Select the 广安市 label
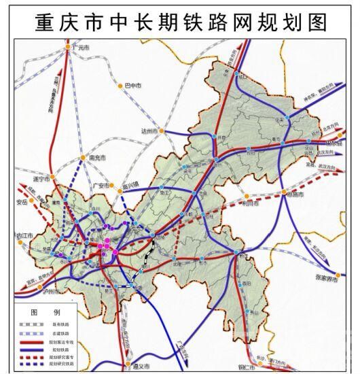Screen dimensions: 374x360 [100, 185]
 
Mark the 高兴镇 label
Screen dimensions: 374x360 [129, 185]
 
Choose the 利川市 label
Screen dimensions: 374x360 [251, 203]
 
